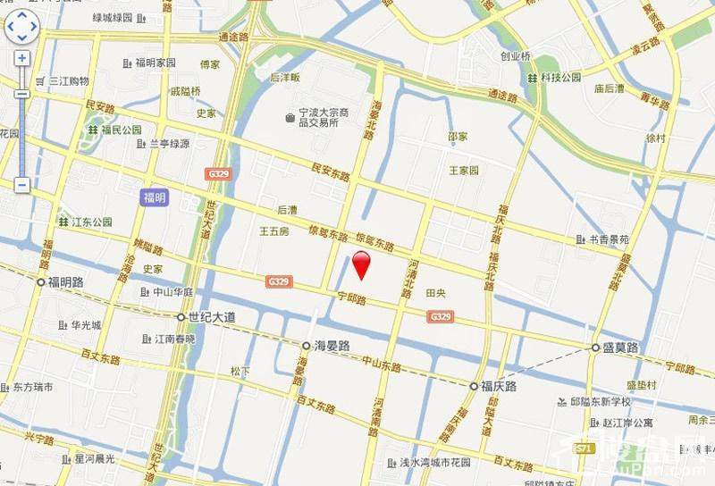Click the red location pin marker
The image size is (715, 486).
point(361,265)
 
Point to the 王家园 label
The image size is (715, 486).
point(464,170)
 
